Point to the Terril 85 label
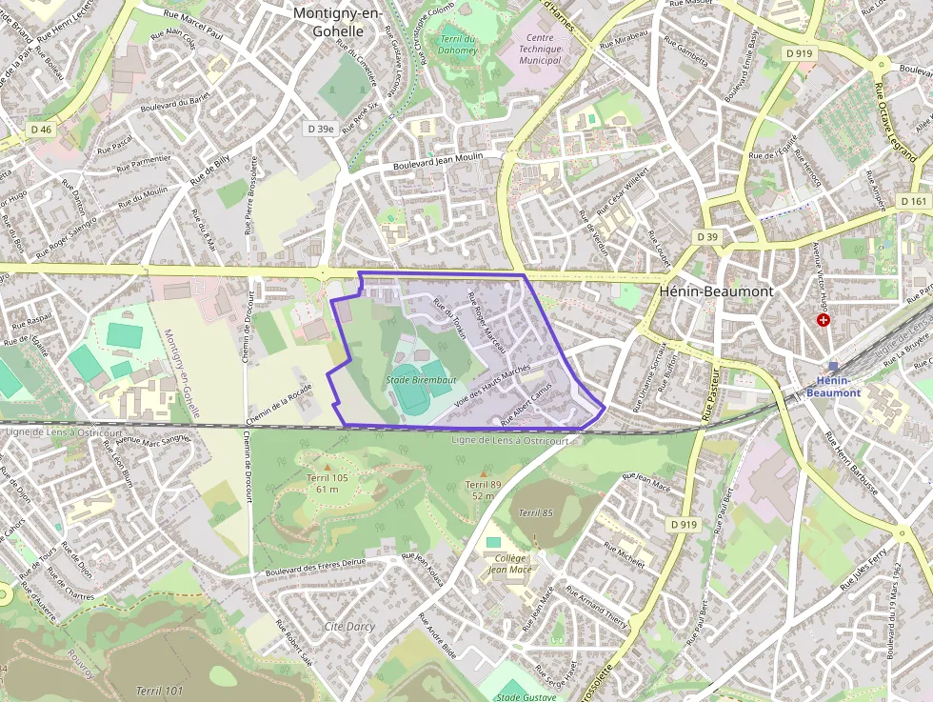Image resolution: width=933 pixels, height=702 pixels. (x=535, y=513)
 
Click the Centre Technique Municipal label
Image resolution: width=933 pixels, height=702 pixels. (x=540, y=49)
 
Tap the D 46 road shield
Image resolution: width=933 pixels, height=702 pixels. (x=41, y=129)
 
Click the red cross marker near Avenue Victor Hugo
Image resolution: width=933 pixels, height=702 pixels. (x=824, y=321)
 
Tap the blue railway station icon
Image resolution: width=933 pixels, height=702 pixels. (x=834, y=366)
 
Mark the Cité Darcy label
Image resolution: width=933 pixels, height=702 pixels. (x=348, y=627)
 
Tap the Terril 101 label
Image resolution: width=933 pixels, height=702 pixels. (x=159, y=691)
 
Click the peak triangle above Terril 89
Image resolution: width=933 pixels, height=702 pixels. (x=483, y=472)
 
